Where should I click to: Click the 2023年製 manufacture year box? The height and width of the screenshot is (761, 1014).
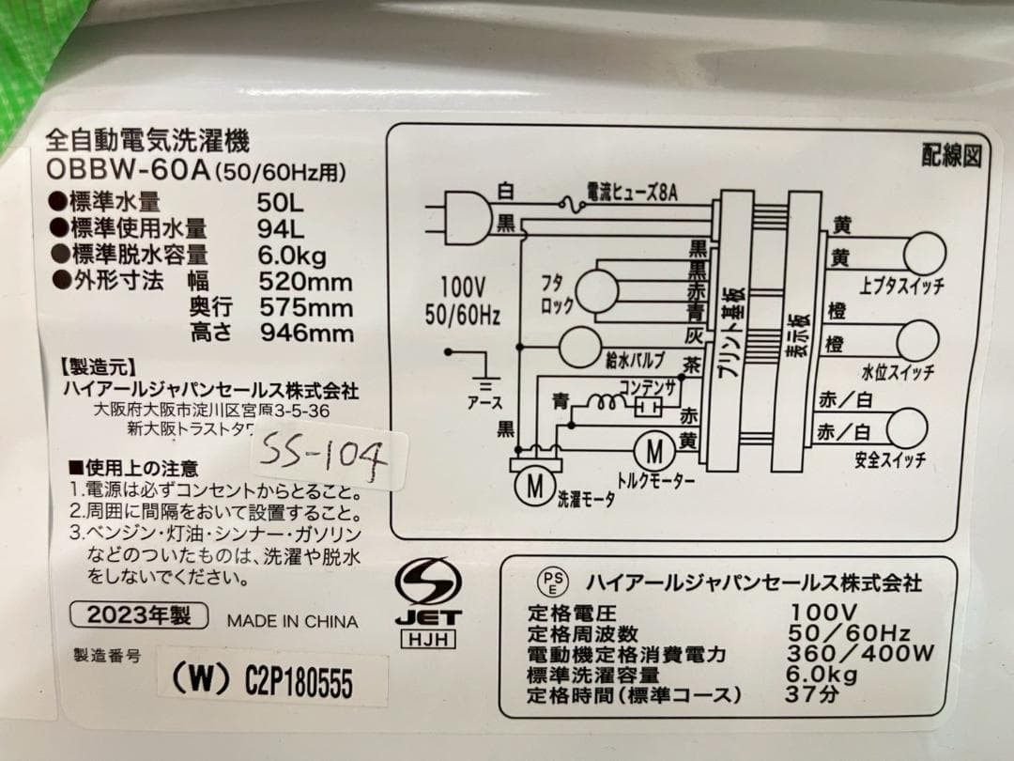pyautogui.click(x=138, y=616)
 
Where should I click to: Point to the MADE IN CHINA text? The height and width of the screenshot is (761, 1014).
pyautogui.click(x=292, y=621)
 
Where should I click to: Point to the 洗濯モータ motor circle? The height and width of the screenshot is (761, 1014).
pyautogui.click(x=534, y=486)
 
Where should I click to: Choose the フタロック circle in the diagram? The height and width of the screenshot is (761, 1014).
pyautogui.click(x=596, y=290)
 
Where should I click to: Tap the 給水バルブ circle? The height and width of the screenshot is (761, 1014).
pyautogui.click(x=579, y=348)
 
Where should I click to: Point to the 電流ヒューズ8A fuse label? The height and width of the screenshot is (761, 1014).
pyautogui.click(x=631, y=193)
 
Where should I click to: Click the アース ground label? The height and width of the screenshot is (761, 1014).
pyautogui.click(x=485, y=402)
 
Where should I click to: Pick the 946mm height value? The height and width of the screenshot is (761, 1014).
pyautogui.click(x=306, y=333)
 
